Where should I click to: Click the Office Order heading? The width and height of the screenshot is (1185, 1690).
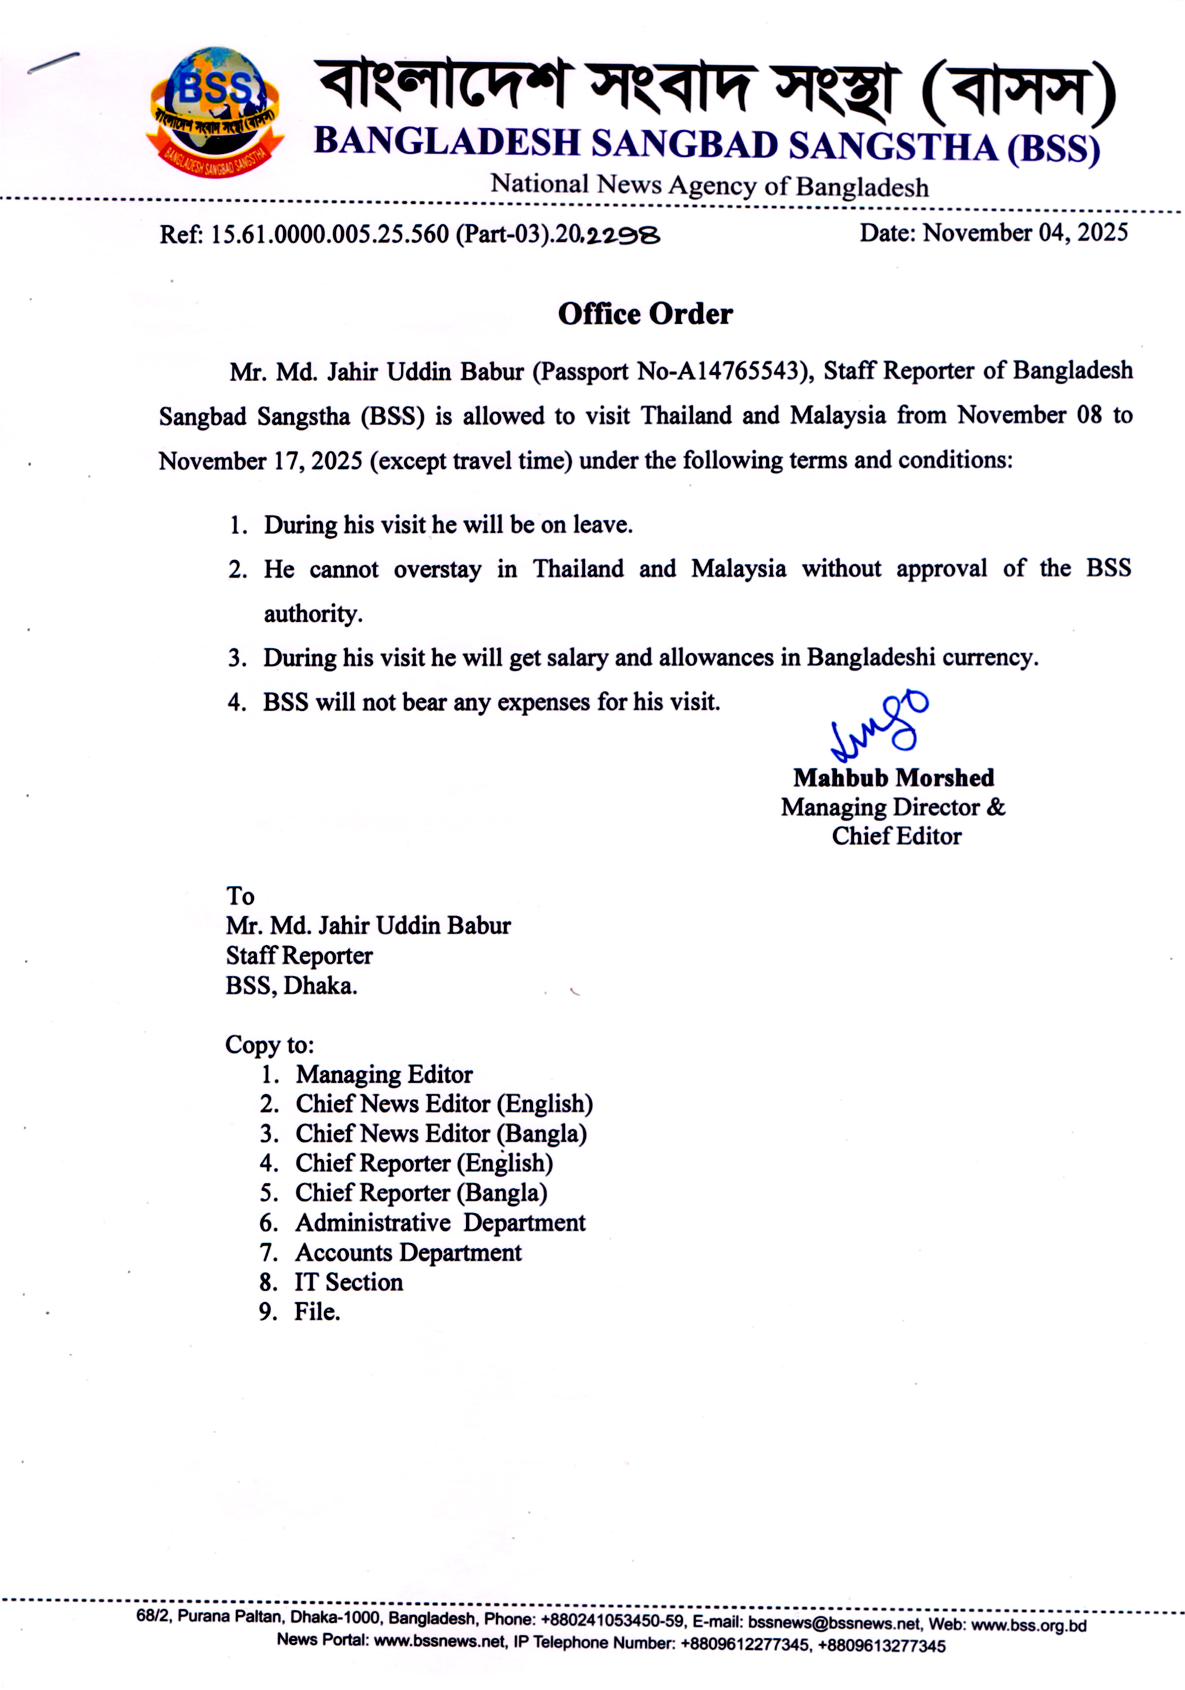(x=645, y=314)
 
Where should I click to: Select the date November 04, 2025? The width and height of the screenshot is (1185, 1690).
(x=1025, y=233)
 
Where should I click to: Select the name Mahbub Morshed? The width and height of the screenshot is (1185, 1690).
(x=893, y=778)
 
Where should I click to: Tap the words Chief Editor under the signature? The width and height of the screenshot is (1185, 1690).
(x=896, y=837)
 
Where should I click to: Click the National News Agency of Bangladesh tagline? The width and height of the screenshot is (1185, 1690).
(x=709, y=185)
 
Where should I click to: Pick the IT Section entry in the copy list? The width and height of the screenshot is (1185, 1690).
(x=348, y=1282)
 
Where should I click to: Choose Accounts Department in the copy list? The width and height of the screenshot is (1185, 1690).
(x=408, y=1252)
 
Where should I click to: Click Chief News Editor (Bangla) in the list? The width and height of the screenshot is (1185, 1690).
(x=441, y=1134)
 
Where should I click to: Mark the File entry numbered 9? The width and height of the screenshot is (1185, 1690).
(x=317, y=1312)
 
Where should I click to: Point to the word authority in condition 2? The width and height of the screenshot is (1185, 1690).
(x=313, y=614)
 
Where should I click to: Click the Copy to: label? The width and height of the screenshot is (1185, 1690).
(x=270, y=1045)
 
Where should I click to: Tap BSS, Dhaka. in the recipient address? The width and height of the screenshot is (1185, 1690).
(x=292, y=986)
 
